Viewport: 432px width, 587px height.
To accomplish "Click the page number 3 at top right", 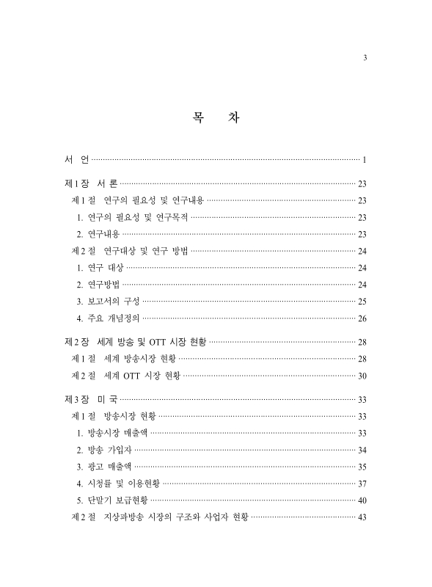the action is [365, 59].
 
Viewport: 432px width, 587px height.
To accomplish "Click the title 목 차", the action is [216, 117].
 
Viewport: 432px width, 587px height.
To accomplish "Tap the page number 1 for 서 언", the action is [365, 159].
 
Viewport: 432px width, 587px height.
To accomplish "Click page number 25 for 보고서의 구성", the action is [362, 302].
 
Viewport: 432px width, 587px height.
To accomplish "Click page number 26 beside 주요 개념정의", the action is [362, 318].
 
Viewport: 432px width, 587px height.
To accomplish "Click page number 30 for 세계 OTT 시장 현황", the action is [362, 376].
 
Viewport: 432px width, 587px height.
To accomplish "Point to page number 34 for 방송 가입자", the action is [362, 451].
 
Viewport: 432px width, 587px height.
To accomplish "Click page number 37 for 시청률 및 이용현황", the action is [362, 484].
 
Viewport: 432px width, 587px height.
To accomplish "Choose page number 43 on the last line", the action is [362, 518].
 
